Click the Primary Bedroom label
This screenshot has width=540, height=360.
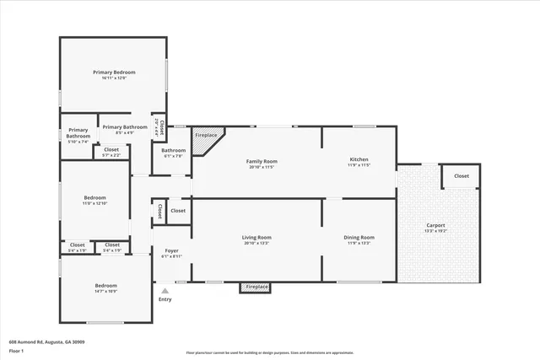114,75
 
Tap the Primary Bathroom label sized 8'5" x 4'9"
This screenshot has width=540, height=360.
124,129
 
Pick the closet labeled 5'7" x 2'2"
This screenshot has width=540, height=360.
111,152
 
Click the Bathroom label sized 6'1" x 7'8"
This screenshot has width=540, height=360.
174,153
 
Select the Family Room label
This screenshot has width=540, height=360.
262,164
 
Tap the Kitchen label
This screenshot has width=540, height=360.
359,162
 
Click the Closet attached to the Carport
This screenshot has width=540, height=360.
462,176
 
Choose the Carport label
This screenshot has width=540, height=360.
435,227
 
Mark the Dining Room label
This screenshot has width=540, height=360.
359,239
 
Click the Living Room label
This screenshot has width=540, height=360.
256,239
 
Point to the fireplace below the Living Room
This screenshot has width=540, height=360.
256,287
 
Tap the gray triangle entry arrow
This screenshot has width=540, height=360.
165,291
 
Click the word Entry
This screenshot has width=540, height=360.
165,299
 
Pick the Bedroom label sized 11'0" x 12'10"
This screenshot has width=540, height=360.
94,201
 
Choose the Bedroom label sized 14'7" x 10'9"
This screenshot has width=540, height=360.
105,287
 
